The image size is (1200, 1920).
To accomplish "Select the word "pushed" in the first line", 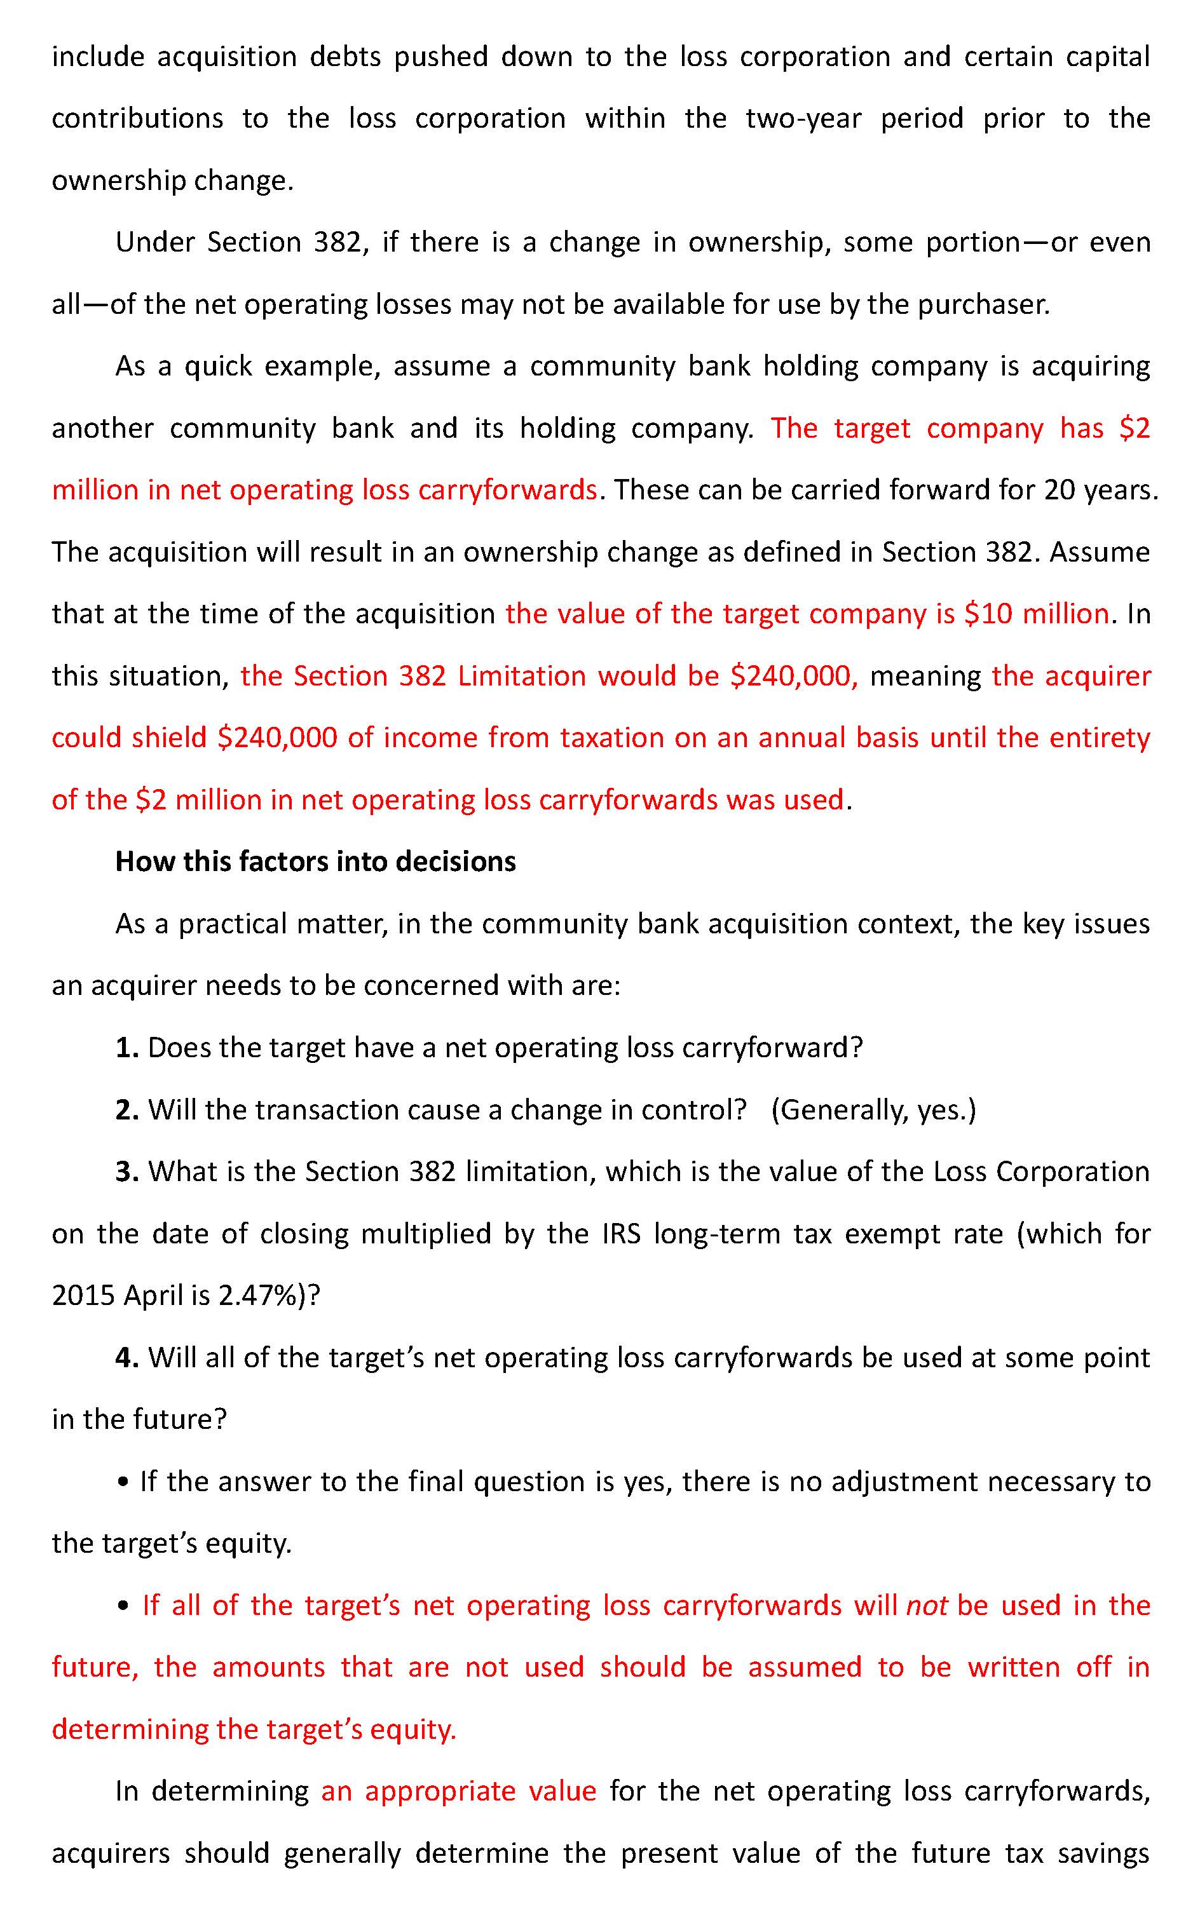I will coord(440,57).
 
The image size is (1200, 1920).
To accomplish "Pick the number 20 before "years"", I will coord(1060,490).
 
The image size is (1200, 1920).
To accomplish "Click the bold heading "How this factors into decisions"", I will coord(315,862).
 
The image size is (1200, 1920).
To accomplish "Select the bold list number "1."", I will coord(127,1048).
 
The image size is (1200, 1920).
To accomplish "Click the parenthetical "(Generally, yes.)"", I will coord(873,1110).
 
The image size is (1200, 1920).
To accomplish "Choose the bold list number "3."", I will coord(127,1172).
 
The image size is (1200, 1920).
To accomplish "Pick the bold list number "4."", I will coord(127,1358).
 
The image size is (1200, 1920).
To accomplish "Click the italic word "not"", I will coord(927,1606).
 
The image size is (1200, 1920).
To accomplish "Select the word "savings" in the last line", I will coord(1104,1853).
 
